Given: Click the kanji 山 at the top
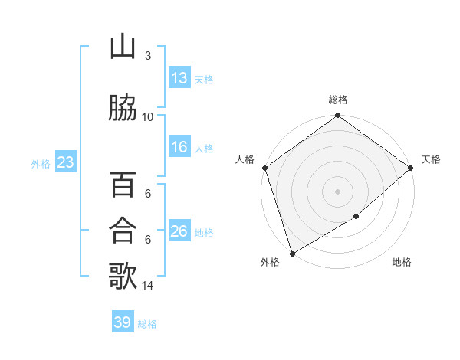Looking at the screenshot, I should (x=122, y=48).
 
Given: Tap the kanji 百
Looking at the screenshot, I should (x=122, y=185).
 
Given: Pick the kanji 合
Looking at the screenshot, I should (x=122, y=230).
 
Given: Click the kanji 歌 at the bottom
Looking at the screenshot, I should (x=122, y=276).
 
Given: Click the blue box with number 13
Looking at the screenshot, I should (x=179, y=78).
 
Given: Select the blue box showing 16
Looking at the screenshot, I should (x=179, y=148).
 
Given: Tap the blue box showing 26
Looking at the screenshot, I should (x=179, y=231).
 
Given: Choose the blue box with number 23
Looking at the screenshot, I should (x=65, y=162).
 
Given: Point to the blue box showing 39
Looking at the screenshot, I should (x=123, y=322).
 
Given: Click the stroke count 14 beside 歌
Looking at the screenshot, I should (x=148, y=286).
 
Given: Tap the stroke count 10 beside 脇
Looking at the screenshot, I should (x=148, y=116).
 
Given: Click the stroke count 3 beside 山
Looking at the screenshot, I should (x=148, y=56).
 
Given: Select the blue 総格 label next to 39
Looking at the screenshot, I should (x=147, y=324).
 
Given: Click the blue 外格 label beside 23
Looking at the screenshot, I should (x=41, y=164).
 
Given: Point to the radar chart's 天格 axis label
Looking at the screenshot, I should (x=431, y=159).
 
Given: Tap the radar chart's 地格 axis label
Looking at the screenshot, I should (x=402, y=263).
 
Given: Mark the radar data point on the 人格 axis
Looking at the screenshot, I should (x=264, y=168).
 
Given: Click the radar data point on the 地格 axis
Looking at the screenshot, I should (x=356, y=217).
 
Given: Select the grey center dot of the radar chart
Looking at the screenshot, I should (x=337, y=191).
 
